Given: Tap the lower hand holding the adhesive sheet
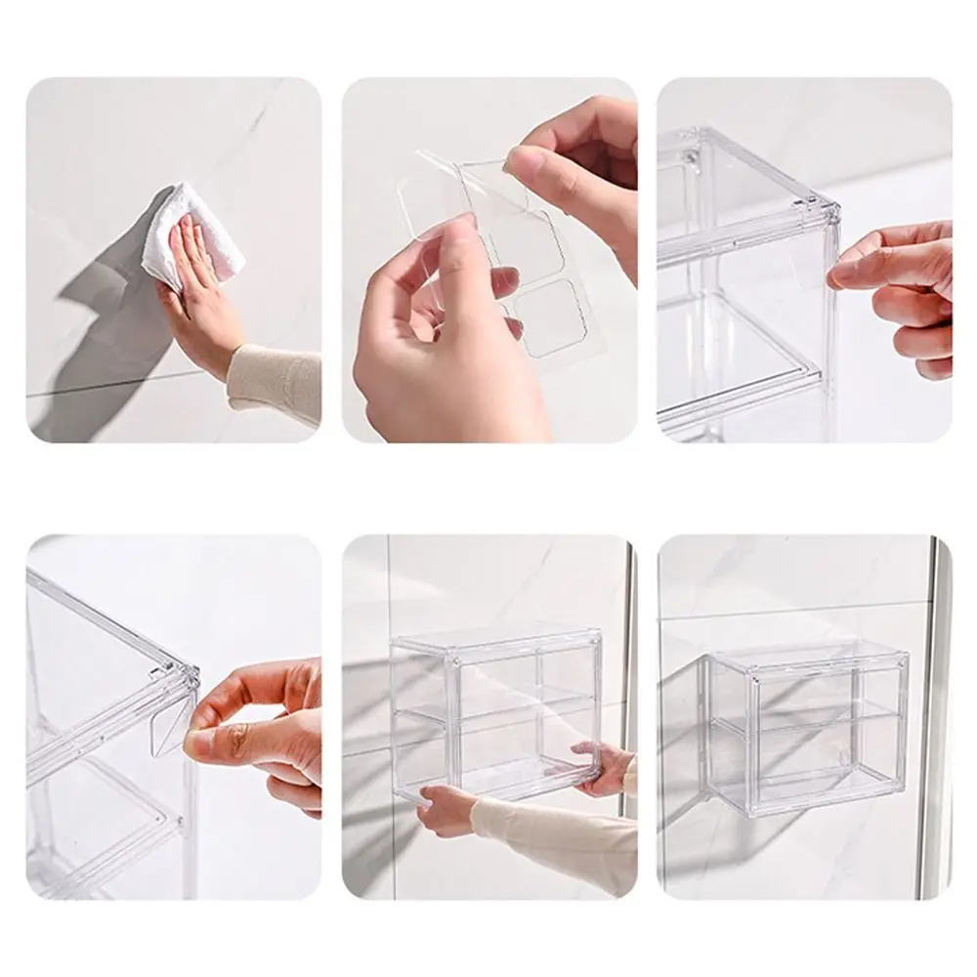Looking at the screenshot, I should click(440, 342).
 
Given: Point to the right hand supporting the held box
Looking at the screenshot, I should click(606, 767).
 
